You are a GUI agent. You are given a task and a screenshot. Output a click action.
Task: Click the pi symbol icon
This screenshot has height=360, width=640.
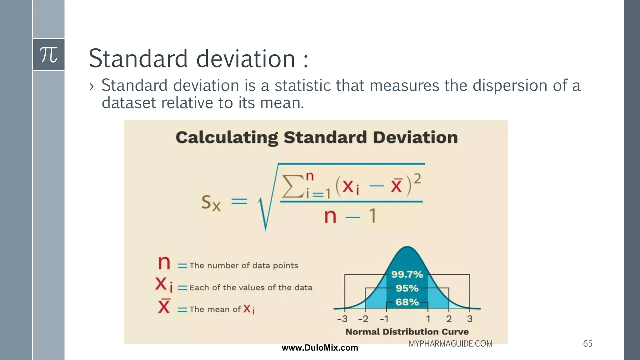coord(48,55)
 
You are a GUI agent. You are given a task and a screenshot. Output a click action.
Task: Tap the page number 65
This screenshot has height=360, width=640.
coord(587,344)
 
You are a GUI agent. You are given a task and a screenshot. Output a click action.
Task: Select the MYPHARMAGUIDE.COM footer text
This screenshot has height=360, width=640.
coord(450,344)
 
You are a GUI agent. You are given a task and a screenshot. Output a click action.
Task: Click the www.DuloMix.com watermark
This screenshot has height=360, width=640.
coord(320,348)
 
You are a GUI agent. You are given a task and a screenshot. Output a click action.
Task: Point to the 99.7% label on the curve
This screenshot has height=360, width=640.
coord(407,274)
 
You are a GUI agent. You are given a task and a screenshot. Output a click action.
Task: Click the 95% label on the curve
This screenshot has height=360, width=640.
coord(407,288)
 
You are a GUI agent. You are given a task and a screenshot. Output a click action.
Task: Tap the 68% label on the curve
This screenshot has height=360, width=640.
coord(407,302)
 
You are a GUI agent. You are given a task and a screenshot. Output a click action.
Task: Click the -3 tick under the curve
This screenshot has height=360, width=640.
coord(342,319)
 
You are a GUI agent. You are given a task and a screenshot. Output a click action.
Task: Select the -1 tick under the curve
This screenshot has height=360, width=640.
coord(384,319)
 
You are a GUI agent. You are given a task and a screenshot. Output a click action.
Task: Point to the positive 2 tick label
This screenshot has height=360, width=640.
coord(449,319)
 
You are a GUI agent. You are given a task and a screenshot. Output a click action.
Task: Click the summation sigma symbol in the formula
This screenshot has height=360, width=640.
coord(293,186)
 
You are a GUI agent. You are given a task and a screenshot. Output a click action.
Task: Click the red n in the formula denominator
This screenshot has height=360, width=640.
coord(330,216)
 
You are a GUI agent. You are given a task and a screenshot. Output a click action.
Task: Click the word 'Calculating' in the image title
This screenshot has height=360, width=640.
coord(227,137)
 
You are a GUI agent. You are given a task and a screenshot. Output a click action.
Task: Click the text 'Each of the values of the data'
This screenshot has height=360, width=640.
coord(251,287)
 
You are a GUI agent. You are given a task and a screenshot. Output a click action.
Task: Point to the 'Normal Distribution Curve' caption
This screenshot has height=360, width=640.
coord(407,332)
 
